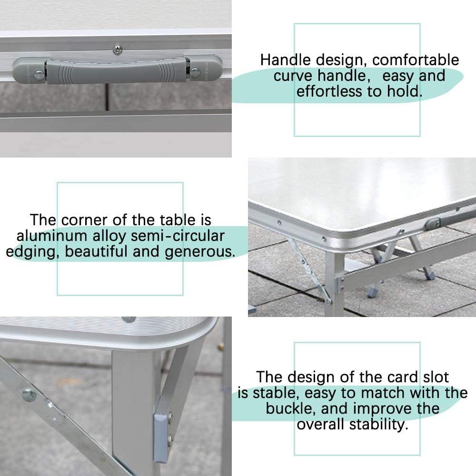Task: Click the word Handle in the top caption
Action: pos(285,60)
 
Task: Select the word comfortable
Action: pos(416,60)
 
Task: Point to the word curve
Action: pos(293,76)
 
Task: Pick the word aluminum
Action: pos(54,236)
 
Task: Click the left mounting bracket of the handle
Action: pos(30,69)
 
